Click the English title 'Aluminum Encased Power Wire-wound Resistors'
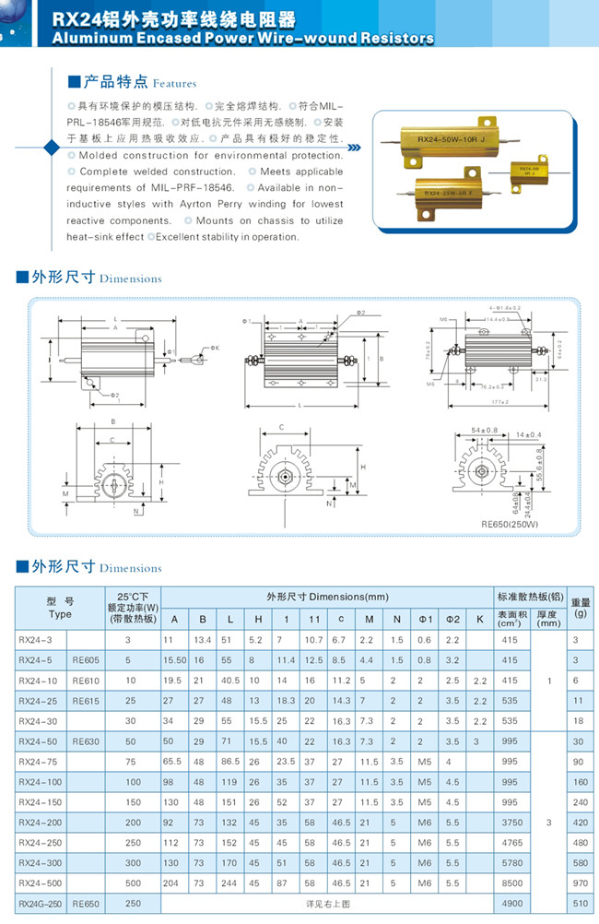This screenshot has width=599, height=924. tap(243, 39)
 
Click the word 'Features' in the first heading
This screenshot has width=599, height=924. tap(174, 82)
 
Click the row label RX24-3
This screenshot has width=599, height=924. tap(36, 639)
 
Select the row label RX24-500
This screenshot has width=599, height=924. tap(41, 883)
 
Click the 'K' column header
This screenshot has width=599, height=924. tap(479, 617)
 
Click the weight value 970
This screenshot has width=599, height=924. tap(579, 883)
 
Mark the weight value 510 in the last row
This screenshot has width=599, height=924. tap(579, 904)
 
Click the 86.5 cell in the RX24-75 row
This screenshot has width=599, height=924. tap(231, 762)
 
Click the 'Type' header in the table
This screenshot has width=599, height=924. tap(60, 614)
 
